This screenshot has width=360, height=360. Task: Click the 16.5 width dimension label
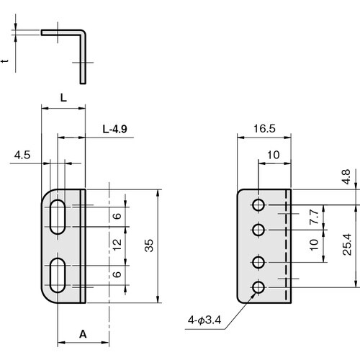[264, 129]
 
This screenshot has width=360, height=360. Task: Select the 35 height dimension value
[149, 246]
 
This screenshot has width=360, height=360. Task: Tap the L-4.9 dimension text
[114, 130]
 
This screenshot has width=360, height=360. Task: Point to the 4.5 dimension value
[22, 155]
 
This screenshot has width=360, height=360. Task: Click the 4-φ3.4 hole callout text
[204, 320]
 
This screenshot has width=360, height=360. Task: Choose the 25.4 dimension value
[347, 244]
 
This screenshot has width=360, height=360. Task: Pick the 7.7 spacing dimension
[314, 217]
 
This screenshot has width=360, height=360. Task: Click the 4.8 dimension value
[346, 177]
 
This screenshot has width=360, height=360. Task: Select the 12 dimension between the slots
[117, 245]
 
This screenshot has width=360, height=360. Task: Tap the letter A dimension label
[83, 334]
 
